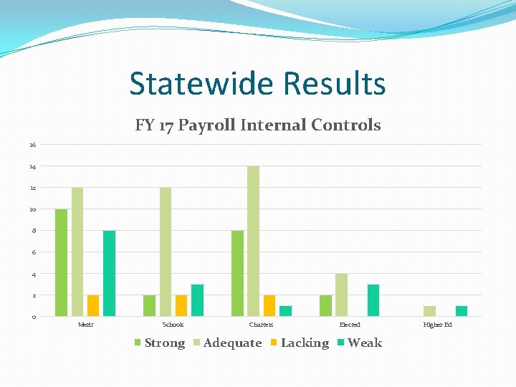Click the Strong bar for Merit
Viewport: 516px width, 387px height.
(x=61, y=262)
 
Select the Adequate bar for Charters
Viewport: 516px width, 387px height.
(x=253, y=241)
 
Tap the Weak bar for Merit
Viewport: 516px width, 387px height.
(x=109, y=273)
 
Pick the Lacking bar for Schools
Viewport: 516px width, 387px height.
(x=181, y=305)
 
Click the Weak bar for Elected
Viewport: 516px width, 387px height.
(x=373, y=300)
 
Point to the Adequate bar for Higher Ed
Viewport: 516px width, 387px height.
(x=429, y=311)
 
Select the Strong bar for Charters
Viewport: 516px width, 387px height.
(x=237, y=273)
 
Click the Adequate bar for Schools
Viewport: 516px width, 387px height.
(x=166, y=252)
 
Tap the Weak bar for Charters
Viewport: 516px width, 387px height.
(x=285, y=311)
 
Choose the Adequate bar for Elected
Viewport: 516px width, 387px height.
(x=341, y=295)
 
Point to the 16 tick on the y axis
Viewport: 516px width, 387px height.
(x=32, y=145)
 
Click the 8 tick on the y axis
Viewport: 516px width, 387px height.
(x=32, y=231)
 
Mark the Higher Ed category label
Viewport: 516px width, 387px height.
(x=438, y=325)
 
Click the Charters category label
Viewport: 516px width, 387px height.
(x=261, y=325)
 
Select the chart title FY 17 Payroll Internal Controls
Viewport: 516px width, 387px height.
(x=258, y=125)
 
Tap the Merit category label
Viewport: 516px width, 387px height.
(x=85, y=325)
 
